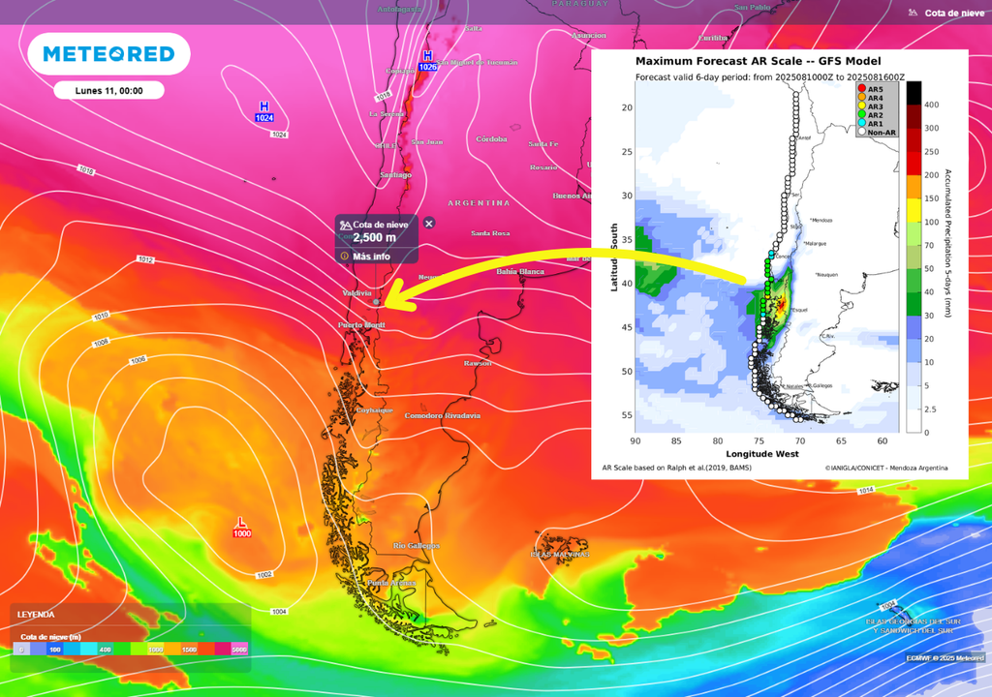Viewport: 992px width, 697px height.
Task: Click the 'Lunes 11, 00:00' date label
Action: click(109, 91)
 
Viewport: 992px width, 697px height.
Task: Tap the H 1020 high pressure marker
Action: click(427, 61)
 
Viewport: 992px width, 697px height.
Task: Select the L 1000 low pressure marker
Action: click(241, 528)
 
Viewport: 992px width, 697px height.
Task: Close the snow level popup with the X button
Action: click(429, 224)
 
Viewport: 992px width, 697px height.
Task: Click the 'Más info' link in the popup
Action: click(371, 257)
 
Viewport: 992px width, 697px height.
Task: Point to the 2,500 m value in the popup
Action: click(374, 237)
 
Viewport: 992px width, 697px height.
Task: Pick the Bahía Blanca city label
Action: click(519, 271)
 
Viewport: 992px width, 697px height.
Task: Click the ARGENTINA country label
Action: click(479, 203)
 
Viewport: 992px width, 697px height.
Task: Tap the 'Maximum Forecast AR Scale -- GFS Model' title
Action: click(758, 61)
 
